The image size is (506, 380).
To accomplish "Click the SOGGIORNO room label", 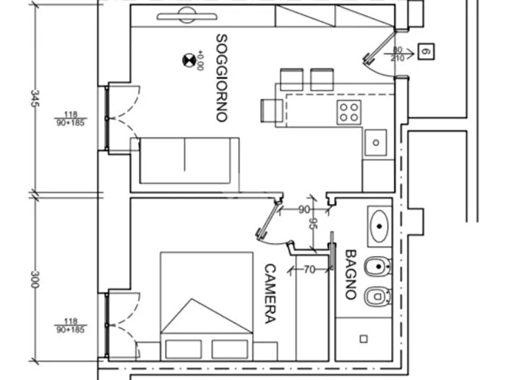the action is point(222,78).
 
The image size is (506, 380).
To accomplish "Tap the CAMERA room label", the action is point(270,294).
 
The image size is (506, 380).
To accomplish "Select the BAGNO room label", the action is point(351,274).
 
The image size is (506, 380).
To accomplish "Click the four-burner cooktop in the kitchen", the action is point(349,112).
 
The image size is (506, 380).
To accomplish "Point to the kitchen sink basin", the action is point(376,143).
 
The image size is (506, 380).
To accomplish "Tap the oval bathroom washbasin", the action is point(379,226).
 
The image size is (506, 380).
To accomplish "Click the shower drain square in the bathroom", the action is point(364,339).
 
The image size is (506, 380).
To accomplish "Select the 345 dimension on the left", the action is point(35,98).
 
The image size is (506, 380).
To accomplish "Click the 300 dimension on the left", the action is point(35,279).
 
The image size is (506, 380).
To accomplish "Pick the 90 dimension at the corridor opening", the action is point(304,210).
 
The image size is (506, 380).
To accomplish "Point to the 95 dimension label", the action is point(313,223).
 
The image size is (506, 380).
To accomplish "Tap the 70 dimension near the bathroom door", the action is point(309,269).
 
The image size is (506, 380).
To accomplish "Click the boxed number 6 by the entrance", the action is point(426,51).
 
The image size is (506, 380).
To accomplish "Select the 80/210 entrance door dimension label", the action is point(398,54).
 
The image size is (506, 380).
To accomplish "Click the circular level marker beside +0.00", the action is point(189,60).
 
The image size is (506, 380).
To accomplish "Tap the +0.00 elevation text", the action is point(200,60).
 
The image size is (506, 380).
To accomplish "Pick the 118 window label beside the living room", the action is point(71,114).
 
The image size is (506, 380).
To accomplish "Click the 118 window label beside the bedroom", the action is point(71,321).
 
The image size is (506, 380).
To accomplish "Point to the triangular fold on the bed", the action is point(206,316).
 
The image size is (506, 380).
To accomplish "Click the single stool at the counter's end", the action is point(272,111).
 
